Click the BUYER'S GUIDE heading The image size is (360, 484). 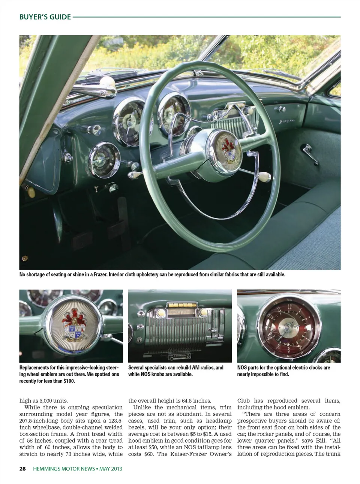pos(45,17)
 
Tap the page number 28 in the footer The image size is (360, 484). pos(22,469)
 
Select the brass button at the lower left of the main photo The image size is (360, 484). pos(25,258)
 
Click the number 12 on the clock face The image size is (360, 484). pos(289,306)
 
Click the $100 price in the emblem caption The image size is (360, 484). pos(68,381)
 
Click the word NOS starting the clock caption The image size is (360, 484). pos(242,368)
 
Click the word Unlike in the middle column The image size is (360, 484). pos(142,407)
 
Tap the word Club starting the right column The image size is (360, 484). pos(243,400)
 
